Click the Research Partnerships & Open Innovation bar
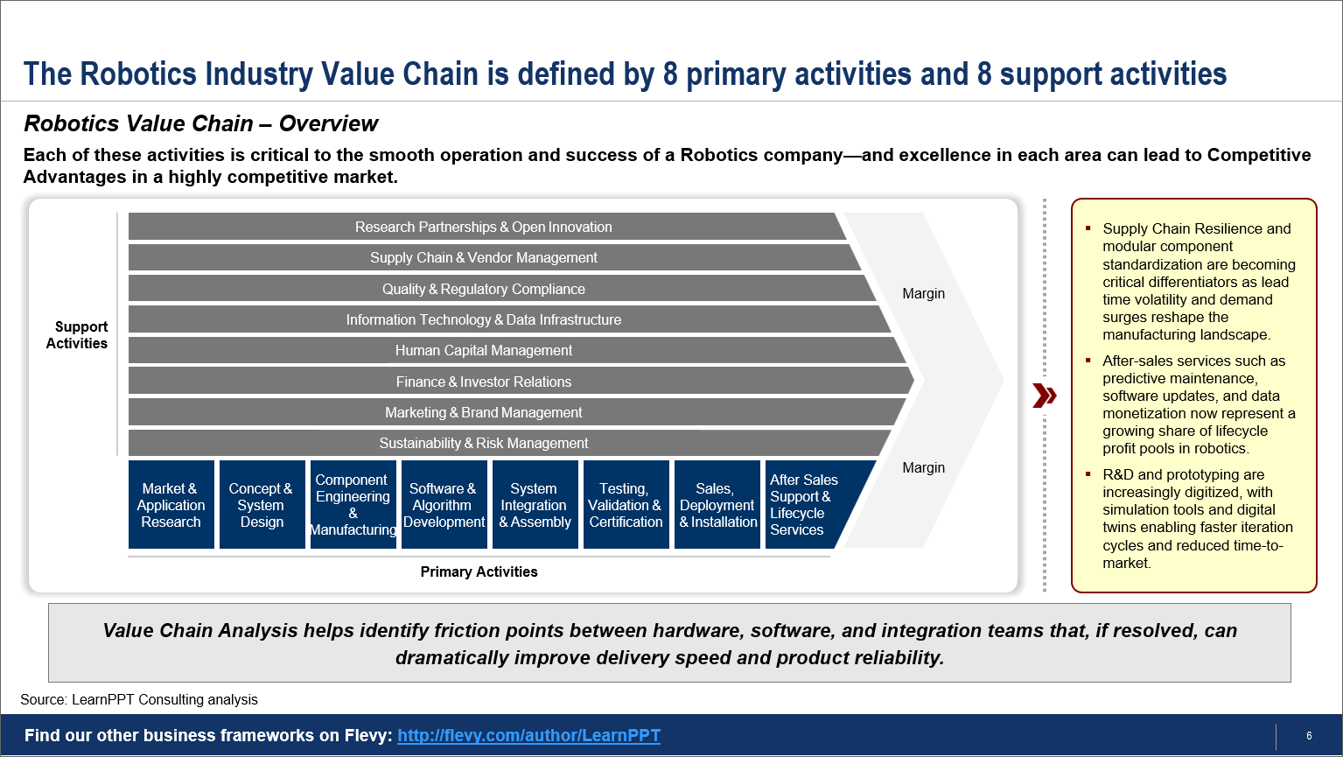click(483, 227)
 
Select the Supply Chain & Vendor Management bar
click(483, 257)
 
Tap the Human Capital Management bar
click(483, 350)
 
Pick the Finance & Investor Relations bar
click(483, 382)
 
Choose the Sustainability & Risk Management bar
click(483, 444)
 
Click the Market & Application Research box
click(171, 504)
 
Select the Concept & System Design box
click(262, 504)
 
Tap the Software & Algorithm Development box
click(444, 504)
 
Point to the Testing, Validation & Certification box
click(626, 504)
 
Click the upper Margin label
click(923, 294)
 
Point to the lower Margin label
click(923, 468)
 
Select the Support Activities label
click(77, 334)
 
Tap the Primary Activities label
click(479, 571)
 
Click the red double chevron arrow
click(1045, 396)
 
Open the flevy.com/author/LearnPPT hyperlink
click(528, 735)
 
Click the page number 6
click(1309, 736)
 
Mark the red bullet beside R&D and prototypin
click(1088, 473)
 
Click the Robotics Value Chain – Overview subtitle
click(201, 123)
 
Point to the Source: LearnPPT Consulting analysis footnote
click(139, 699)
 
